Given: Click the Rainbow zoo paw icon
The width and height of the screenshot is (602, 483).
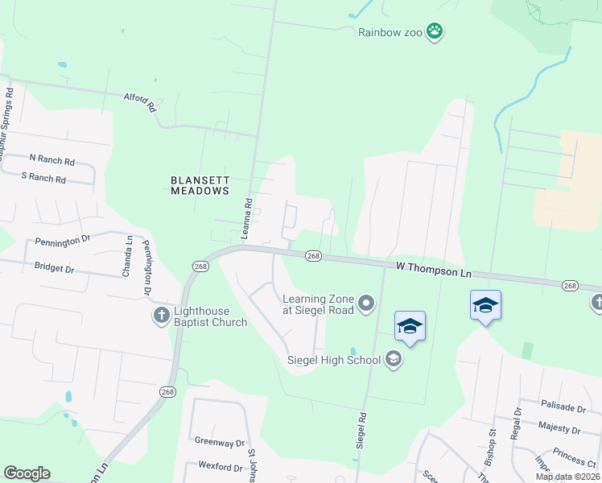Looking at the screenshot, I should point(435,32).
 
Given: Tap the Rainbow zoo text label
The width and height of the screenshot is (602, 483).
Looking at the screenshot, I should point(391,32).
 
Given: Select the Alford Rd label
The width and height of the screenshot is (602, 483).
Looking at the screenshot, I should point(139,101).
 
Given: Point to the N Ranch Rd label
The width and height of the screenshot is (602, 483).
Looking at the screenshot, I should point(52,160).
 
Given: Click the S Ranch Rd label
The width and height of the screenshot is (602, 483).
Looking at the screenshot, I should point(43,176).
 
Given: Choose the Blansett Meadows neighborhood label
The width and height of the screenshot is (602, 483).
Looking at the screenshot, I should point(200,186).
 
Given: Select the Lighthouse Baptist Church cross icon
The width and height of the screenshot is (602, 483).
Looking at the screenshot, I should point(160,315).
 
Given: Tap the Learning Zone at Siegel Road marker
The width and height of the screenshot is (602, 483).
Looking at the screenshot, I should point(367,303).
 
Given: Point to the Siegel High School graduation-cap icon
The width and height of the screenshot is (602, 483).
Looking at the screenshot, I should point(394,359).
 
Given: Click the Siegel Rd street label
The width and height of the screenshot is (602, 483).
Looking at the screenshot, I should point(361,430).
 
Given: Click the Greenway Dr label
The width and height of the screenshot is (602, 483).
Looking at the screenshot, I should point(219,443).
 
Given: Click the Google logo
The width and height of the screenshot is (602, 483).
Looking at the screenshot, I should point(27,473).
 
